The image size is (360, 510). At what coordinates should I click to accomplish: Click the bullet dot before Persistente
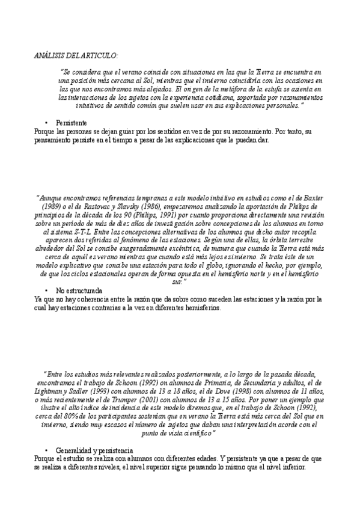click(46, 122)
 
